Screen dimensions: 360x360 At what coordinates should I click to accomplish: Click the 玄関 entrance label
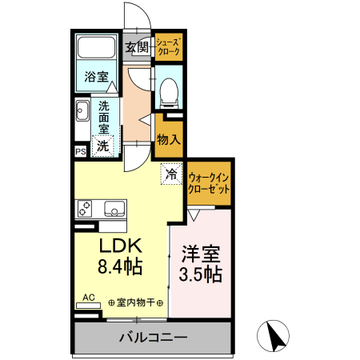[x=137, y=47]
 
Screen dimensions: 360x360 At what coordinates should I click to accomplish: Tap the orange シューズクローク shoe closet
[x=168, y=47]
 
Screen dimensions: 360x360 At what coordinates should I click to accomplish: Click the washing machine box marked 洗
[x=103, y=146]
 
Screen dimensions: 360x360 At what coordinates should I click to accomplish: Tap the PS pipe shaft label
[x=80, y=151]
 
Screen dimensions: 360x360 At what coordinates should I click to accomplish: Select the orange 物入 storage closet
[x=169, y=139]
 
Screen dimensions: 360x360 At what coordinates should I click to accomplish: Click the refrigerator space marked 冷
[x=170, y=171]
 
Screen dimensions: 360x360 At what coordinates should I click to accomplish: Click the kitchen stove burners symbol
[x=86, y=209]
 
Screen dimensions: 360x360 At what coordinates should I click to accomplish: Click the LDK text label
[x=120, y=245]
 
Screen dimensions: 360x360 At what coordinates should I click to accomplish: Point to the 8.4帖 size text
[x=120, y=266]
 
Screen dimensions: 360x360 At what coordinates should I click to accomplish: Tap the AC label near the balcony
[x=90, y=298]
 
